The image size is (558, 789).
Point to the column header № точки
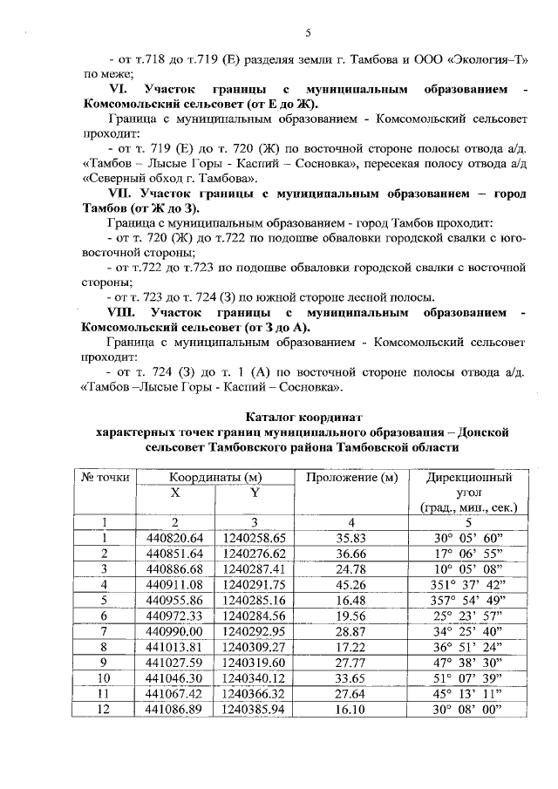[x=105, y=478]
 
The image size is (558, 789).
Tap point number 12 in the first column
[x=104, y=710]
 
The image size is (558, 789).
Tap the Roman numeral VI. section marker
[x=119, y=90]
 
